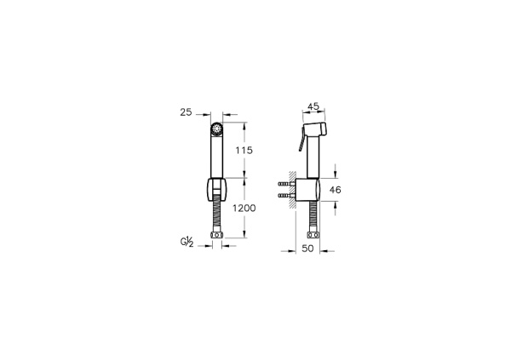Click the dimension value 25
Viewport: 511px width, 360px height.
[187, 111]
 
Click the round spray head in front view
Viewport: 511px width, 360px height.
[216, 130]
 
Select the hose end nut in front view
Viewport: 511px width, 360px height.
[216, 235]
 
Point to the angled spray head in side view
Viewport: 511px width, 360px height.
[317, 130]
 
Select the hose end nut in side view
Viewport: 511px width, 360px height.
[313, 235]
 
